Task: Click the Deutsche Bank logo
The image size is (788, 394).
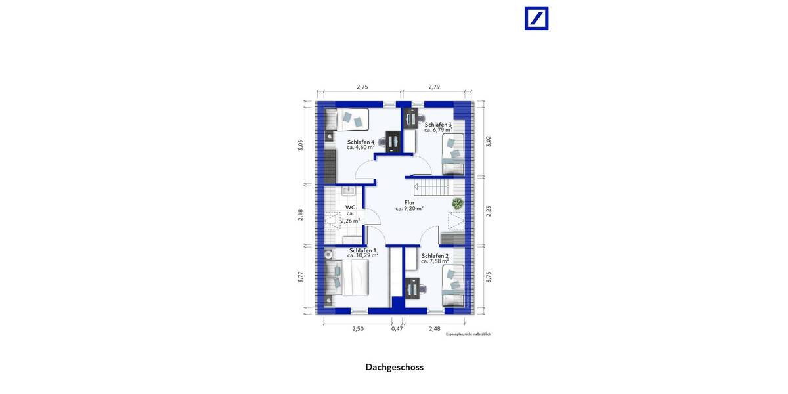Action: pos(536,18)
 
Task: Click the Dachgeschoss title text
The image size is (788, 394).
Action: pos(394,367)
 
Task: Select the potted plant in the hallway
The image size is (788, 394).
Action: pos(456,203)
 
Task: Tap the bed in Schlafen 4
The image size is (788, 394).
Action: pos(347,120)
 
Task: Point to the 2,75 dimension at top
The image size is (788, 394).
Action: pos(362,87)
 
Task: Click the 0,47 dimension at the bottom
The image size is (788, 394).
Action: pos(397,328)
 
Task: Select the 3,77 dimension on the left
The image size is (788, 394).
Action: pos(300,276)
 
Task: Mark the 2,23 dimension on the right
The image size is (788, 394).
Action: pos(488,211)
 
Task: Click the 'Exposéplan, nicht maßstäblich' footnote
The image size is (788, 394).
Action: pos(468,334)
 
